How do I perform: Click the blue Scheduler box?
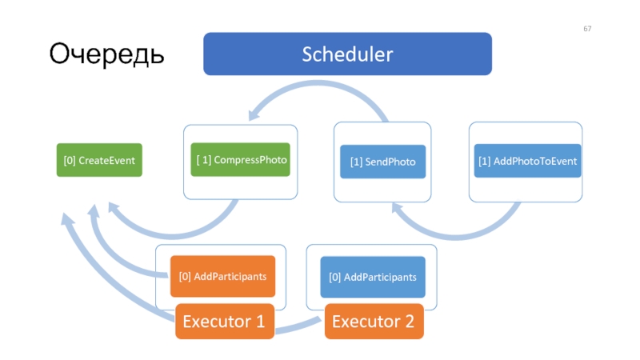pos(347,54)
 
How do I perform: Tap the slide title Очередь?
pos(106,54)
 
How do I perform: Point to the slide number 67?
pos(587,29)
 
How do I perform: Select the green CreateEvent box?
pos(99,160)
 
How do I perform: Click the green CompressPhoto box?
pos(241,159)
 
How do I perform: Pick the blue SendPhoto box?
pos(383,162)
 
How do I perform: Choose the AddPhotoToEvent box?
pos(527,161)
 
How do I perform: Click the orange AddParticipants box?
pos(222,276)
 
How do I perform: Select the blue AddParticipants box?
pos(373,277)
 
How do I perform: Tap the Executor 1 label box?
pos(225,322)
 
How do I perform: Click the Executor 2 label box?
pos(374,322)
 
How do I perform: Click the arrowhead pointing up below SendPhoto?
pos(397,207)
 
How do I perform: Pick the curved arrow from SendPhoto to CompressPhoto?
pos(318,84)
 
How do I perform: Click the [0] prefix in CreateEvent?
pos(70,161)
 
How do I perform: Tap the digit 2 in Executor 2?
pos(409,322)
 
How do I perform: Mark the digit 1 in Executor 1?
pos(260,322)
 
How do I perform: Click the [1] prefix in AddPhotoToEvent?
pos(485,162)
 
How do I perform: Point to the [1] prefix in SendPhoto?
pos(356,162)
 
